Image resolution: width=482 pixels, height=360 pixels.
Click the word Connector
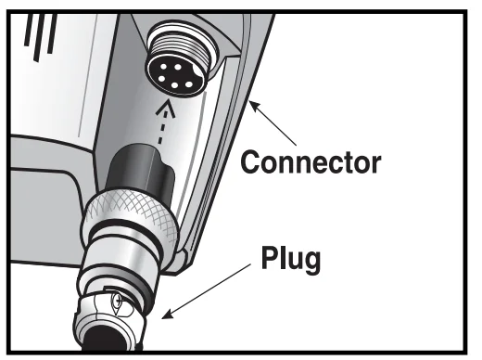pos(311,162)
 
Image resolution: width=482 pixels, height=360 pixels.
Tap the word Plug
pos(291,259)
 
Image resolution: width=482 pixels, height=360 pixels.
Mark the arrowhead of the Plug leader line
pos(167,315)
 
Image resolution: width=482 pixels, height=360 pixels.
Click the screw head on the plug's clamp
pos(118,300)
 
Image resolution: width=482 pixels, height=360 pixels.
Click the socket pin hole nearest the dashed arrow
pos(175,85)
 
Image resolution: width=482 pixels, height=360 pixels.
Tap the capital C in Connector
pos(250,162)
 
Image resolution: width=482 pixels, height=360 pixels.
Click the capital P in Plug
pos(270,257)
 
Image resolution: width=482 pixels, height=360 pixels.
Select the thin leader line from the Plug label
pos(206,291)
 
